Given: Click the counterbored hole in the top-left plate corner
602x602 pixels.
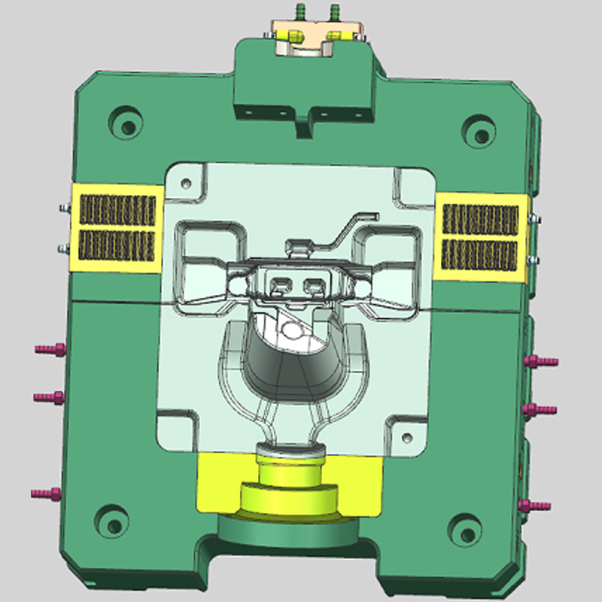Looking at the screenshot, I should pos(124,120).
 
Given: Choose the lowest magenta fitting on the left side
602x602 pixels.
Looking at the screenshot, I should pos(47,494).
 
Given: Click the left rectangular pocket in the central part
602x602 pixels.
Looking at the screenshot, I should pos(281,284).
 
